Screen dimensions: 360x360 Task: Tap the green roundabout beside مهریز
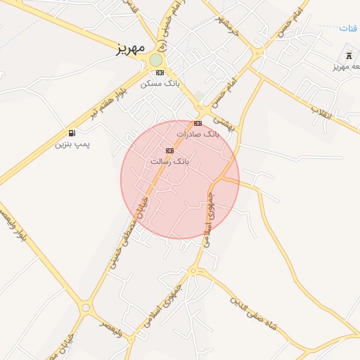155,60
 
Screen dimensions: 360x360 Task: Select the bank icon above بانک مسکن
160,72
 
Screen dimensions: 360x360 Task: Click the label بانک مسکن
160,84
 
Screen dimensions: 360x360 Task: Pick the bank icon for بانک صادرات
198,123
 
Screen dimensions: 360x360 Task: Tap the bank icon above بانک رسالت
169,150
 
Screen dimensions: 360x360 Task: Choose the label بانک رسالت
169,162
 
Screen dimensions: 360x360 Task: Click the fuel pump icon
72,133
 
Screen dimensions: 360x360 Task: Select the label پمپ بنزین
72,145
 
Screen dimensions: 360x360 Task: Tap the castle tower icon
349,56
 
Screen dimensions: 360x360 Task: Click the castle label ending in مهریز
346,67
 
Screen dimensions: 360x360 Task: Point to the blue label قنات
348,28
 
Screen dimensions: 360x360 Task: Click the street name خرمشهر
226,27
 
